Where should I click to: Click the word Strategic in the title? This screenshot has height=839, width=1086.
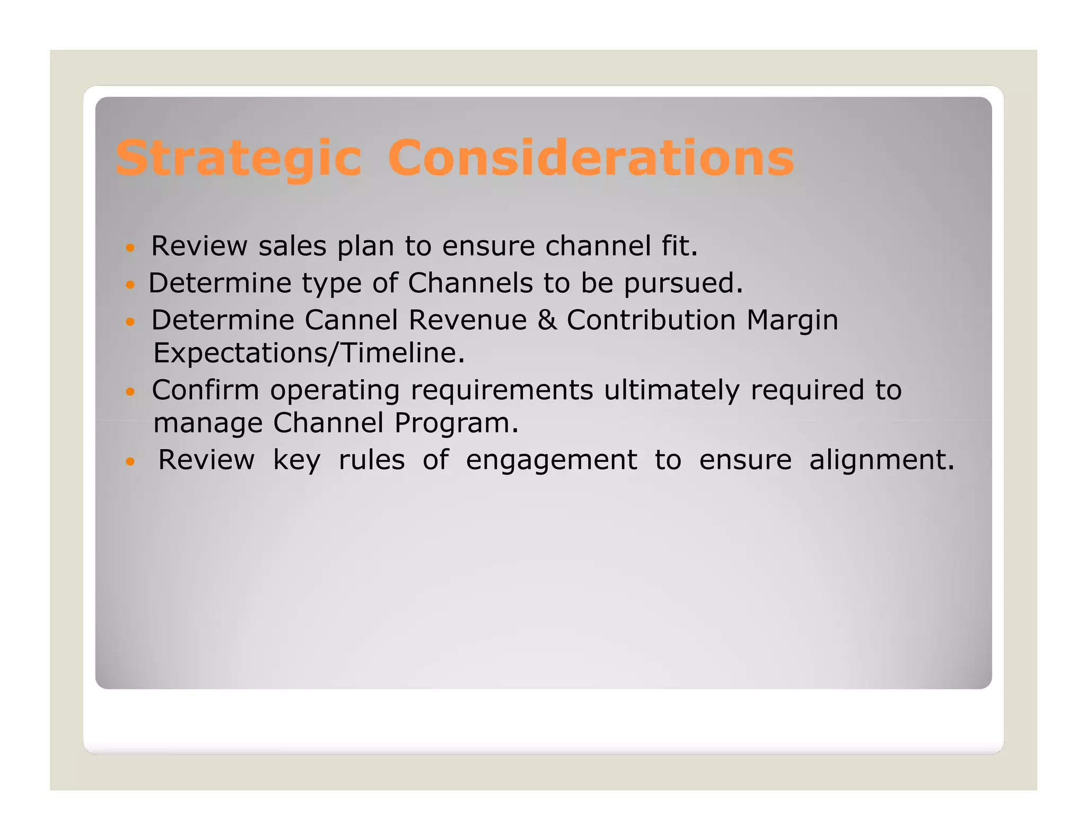(239, 158)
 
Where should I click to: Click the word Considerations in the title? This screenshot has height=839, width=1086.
(591, 158)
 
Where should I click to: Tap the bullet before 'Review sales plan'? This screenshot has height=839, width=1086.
(130, 248)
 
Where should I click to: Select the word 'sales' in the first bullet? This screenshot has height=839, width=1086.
(292, 246)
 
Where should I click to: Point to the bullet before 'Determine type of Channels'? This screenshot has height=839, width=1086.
(130, 285)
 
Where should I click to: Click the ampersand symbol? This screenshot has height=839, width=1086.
(547, 320)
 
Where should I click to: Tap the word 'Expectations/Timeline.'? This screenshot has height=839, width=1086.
(309, 353)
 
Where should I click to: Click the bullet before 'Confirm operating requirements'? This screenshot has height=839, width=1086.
(130, 392)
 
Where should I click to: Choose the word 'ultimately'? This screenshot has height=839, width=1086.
(671, 391)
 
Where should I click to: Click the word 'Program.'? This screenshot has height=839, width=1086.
(456, 424)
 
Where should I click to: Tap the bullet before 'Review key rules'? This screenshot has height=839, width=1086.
(130, 461)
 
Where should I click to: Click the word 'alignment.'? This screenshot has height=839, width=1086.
(882, 460)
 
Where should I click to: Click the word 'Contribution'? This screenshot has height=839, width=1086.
(651, 320)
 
